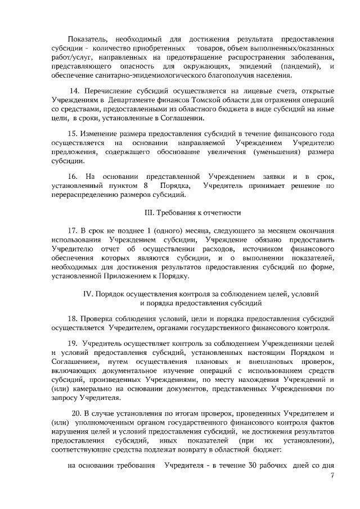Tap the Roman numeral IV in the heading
coord(88,294)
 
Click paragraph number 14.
coord(74,91)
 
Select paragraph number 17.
coord(71,231)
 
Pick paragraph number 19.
coord(72,344)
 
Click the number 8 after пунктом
coord(146,186)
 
